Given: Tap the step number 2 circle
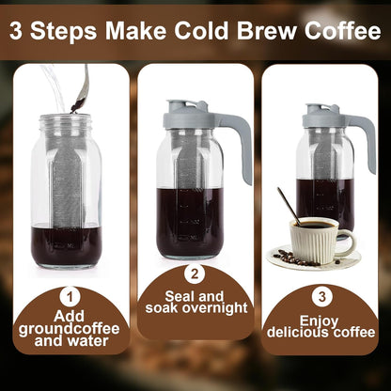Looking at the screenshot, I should tap(195, 274).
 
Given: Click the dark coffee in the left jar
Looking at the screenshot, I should tap(66, 246).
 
